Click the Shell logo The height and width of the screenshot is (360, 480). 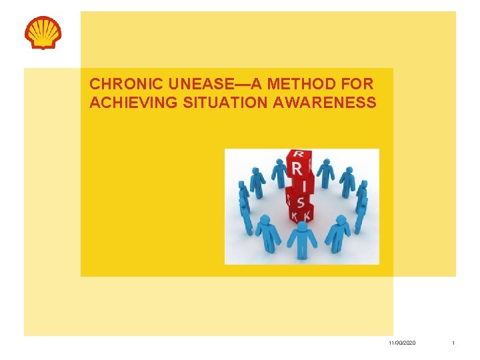coord(43,33)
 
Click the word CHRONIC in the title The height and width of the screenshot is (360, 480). coord(118,85)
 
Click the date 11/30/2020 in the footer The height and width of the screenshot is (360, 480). coord(402,343)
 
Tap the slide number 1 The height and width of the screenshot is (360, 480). coord(453,343)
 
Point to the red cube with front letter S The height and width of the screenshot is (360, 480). coord(301,202)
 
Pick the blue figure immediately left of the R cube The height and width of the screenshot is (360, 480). coord(277,174)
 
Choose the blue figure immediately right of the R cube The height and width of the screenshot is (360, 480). coord(325,174)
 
